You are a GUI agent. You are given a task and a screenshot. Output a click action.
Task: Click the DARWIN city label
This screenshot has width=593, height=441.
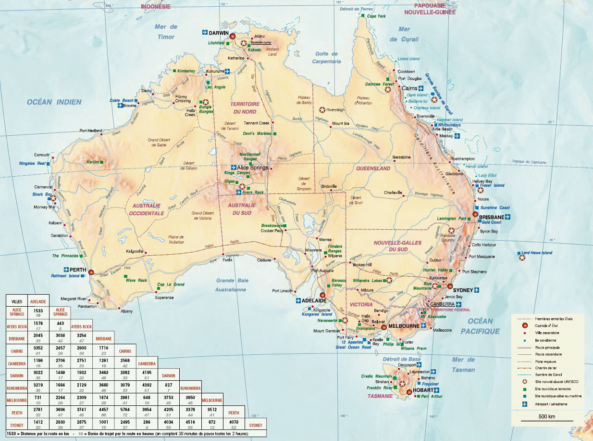point(218,33)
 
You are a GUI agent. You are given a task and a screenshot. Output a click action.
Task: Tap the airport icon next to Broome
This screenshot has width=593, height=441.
point(120,105)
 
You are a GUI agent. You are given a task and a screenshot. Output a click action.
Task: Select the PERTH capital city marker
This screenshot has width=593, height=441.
point(91,272)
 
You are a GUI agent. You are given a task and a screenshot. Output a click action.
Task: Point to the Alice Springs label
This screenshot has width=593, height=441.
point(253,168)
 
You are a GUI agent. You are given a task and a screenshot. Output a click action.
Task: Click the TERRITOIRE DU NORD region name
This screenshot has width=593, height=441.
point(245,107)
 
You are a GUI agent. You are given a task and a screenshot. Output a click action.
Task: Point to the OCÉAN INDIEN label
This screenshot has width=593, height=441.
point(54,102)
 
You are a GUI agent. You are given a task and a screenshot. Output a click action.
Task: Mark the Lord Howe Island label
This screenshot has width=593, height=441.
point(537,253)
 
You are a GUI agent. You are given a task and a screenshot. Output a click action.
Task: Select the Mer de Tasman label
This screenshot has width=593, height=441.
point(463,365)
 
